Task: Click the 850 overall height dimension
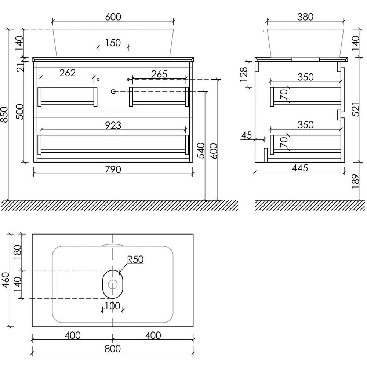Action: pos(4,115)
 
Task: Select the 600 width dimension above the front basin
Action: pos(113,17)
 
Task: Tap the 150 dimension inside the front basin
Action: pos(113,43)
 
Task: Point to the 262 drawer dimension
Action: pos(67,73)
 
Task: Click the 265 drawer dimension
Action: pos(159,74)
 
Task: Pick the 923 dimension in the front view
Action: pos(113,125)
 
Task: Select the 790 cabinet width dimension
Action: pos(113,169)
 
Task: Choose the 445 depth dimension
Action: pos(300,168)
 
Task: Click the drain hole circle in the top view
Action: pos(113,284)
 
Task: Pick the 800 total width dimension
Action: pos(112,349)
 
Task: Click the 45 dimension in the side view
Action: pos(246,135)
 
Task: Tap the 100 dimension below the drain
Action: pos(112,305)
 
